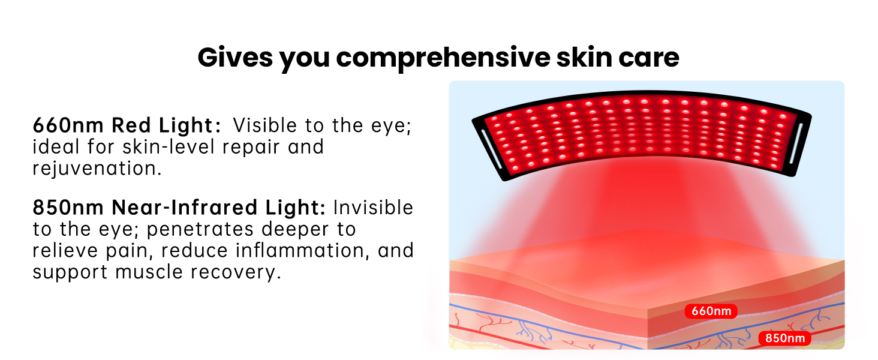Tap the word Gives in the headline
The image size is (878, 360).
234,57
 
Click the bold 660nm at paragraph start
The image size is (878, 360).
68,125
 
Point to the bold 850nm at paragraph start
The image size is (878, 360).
68,208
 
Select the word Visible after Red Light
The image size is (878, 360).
265,125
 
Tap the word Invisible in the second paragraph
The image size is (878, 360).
373,208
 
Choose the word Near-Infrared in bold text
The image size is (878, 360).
184,208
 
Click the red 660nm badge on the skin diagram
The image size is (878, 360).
711,311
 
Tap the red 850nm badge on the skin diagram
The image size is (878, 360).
784,338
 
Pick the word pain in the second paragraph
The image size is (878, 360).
129,251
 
